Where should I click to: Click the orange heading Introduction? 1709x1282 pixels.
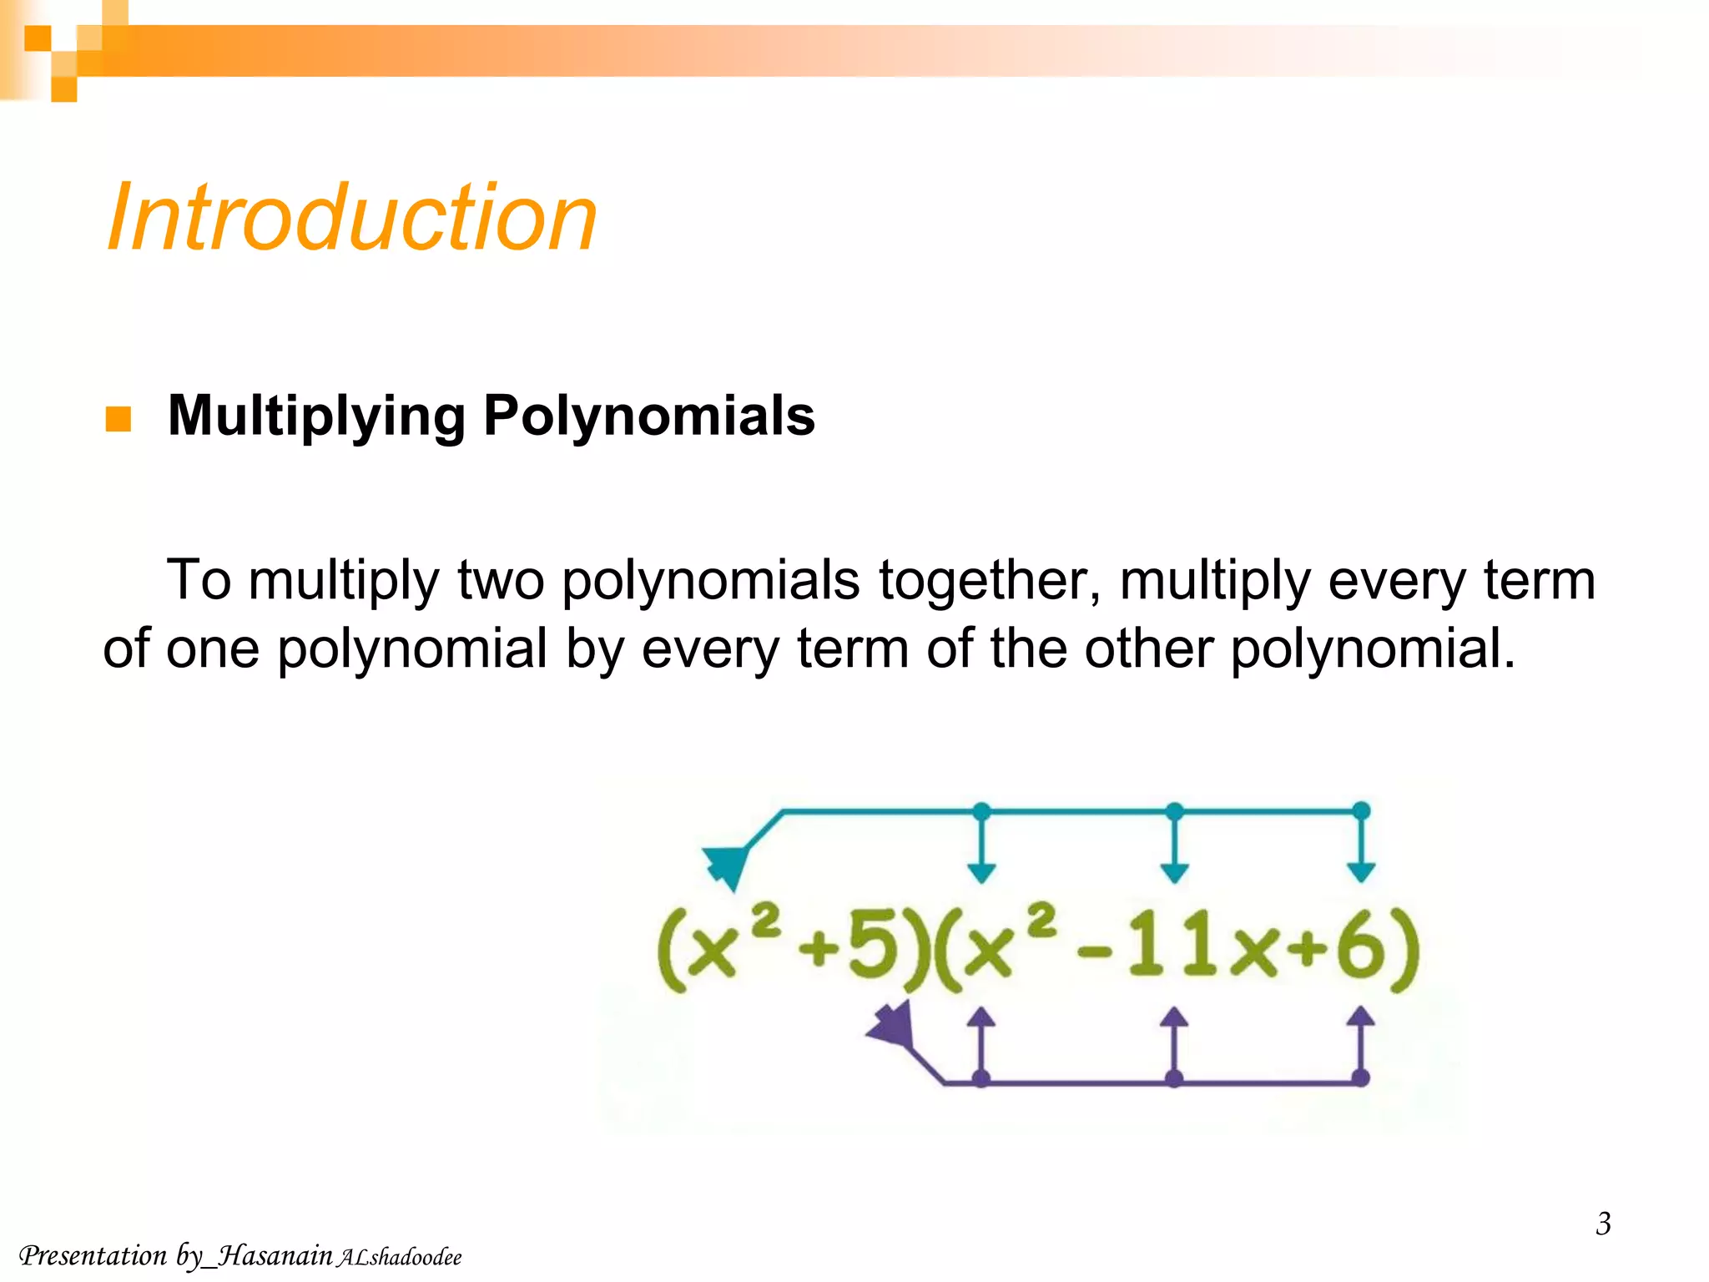point(352,219)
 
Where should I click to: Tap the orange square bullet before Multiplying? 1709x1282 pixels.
point(118,419)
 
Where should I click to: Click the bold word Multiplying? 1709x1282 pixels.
point(316,416)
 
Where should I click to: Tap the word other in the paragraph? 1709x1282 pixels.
point(1148,649)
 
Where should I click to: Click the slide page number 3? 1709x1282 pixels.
point(1603,1224)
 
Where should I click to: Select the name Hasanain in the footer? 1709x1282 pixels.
point(275,1255)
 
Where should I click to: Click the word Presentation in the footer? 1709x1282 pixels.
point(93,1255)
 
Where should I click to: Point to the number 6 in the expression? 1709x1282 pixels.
point(1360,951)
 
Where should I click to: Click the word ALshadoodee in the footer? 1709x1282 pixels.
point(399,1258)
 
